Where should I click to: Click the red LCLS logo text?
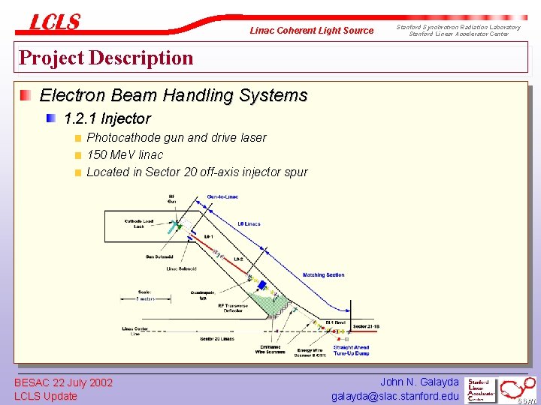(x=54, y=22)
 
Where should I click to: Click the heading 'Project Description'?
(x=106, y=58)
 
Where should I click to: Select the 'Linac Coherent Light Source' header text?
(x=311, y=31)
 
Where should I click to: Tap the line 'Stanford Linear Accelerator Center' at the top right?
(x=458, y=34)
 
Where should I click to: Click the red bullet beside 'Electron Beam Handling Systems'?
(x=26, y=95)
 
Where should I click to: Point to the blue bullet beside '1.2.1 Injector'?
(x=51, y=118)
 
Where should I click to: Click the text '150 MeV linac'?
(x=125, y=154)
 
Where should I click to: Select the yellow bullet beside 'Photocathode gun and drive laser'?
(x=77, y=138)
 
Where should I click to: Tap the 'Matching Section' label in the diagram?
(x=324, y=275)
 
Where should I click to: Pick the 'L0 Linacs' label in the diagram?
(x=248, y=224)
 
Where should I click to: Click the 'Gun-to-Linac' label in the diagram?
(x=223, y=197)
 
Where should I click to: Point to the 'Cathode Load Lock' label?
(x=138, y=223)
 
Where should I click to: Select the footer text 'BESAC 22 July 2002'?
(x=64, y=382)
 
